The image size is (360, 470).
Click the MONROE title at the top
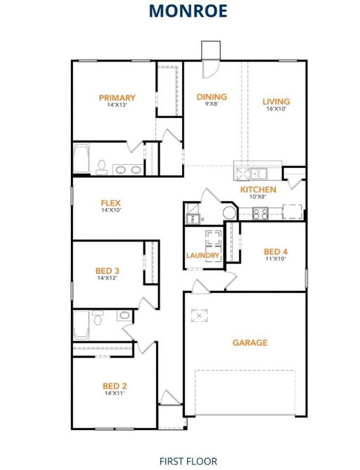(188, 11)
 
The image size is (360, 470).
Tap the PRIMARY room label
(117, 98)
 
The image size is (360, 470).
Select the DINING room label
(212, 97)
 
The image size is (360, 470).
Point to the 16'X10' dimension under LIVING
(276, 109)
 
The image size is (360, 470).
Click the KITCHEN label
(258, 190)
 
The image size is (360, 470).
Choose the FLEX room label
(110, 203)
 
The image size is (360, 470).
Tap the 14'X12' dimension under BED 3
(107, 278)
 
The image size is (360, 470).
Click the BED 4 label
(276, 252)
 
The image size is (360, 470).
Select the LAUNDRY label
(202, 256)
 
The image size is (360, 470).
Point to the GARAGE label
(250, 343)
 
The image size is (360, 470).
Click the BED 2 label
(115, 386)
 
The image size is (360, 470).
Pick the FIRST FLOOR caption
(188, 461)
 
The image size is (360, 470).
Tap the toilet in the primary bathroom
(102, 167)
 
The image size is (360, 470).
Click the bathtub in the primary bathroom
(82, 159)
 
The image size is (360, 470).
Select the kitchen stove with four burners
(260, 214)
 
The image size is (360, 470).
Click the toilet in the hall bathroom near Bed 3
(98, 318)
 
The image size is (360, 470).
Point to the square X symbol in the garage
(199, 315)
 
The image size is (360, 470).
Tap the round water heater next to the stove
(230, 213)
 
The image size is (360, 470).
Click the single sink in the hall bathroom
(124, 315)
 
